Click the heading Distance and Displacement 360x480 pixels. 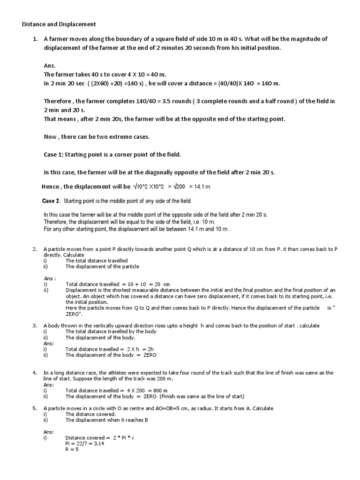point(59,24)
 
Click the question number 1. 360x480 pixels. point(35,39)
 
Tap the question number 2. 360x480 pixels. point(35,249)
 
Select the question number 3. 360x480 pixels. point(35,325)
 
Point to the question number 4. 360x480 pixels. point(35,373)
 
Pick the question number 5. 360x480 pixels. point(35,408)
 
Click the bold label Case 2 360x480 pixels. point(51,201)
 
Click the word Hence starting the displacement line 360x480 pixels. point(51,187)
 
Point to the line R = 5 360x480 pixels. point(72,450)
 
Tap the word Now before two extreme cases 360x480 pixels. point(50,136)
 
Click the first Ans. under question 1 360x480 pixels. point(50,66)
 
